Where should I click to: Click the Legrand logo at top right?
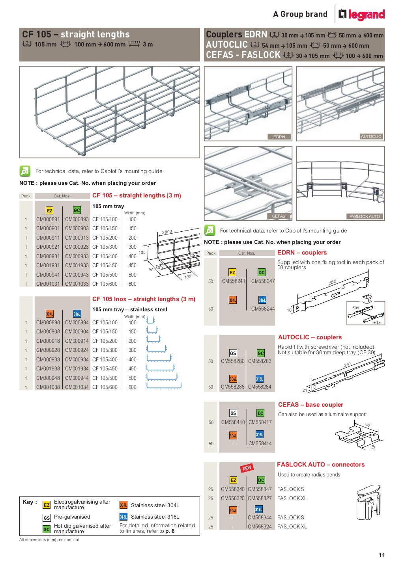pyautogui.click(x=361, y=15)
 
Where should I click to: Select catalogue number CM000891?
pyautogui.click(x=48, y=219)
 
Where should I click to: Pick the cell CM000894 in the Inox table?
pyautogui.click(x=77, y=323)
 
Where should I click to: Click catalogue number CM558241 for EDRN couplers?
pyautogui.click(x=234, y=281)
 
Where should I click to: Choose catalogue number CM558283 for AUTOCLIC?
pyautogui.click(x=260, y=361)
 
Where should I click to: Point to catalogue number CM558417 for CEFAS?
pyautogui.click(x=260, y=422)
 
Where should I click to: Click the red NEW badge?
pyautogui.click(x=247, y=468)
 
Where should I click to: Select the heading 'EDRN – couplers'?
pyautogui.click(x=302, y=253)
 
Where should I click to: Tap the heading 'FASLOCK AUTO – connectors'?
pyautogui.click(x=321, y=465)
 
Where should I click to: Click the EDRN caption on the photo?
pyautogui.click(x=279, y=137)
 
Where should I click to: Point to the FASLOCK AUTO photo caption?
pyautogui.click(x=365, y=216)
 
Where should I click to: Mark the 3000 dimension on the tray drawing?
pyautogui.click(x=167, y=232)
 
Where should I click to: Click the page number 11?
pyautogui.click(x=382, y=555)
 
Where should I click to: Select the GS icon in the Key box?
pyautogui.click(x=47, y=518)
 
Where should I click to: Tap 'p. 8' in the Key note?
pyautogui.click(x=170, y=531)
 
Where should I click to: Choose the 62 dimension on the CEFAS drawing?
pyautogui.click(x=368, y=425)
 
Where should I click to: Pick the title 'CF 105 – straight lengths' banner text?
pyautogui.click(x=76, y=34)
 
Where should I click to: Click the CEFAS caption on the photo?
pyautogui.click(x=279, y=216)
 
